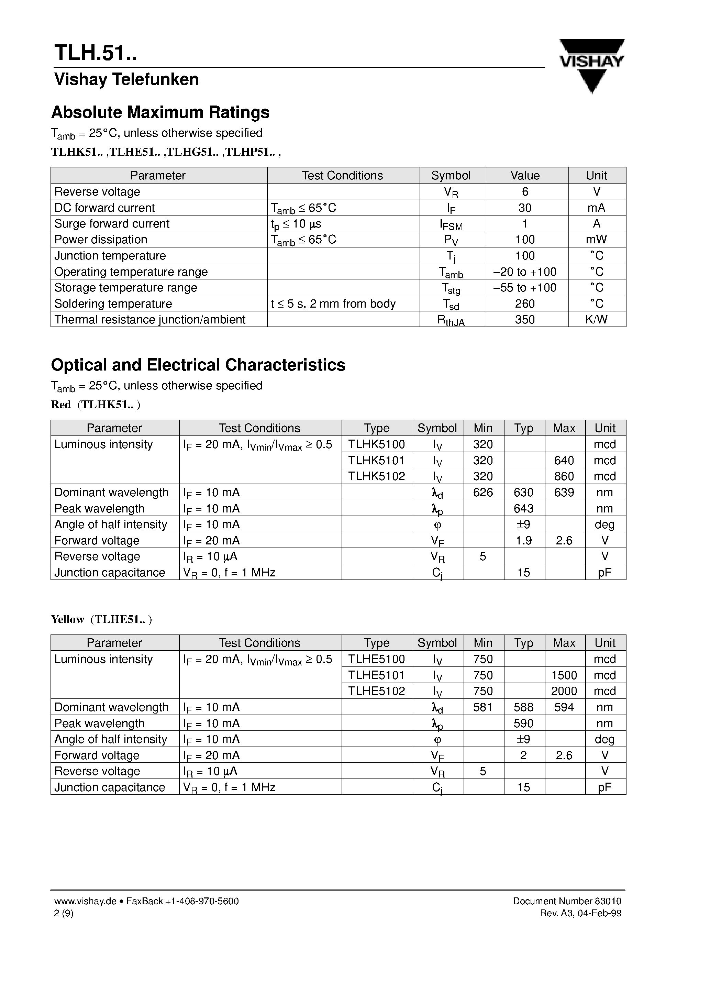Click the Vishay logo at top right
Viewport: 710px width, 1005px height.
pos(591,65)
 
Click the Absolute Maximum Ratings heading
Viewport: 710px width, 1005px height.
pos(160,112)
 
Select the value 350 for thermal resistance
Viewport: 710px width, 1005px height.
pos(525,320)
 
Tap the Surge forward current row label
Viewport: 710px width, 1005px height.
pos(112,224)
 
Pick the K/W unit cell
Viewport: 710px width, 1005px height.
pos(596,320)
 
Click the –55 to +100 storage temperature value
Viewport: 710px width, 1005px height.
pos(525,288)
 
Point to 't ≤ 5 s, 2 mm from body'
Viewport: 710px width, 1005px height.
pos(333,304)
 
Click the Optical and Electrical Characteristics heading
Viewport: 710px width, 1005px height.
pos(198,365)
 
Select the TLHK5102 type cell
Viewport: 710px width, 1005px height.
pos(376,476)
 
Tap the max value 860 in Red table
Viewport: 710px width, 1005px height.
pos(564,476)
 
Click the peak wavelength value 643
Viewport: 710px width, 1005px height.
pos(523,509)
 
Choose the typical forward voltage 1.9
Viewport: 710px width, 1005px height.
pos(523,541)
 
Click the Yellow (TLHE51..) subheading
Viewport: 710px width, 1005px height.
pos(102,619)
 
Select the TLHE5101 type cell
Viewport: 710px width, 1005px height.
pos(376,675)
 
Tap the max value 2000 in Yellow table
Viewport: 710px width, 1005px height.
pos(564,691)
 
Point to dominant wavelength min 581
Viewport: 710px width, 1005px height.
pos(483,707)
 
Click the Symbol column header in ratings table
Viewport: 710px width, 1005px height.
pos(451,176)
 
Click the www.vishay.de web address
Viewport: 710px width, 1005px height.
pos(85,901)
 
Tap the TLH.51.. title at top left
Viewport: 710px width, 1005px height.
pos(96,53)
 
